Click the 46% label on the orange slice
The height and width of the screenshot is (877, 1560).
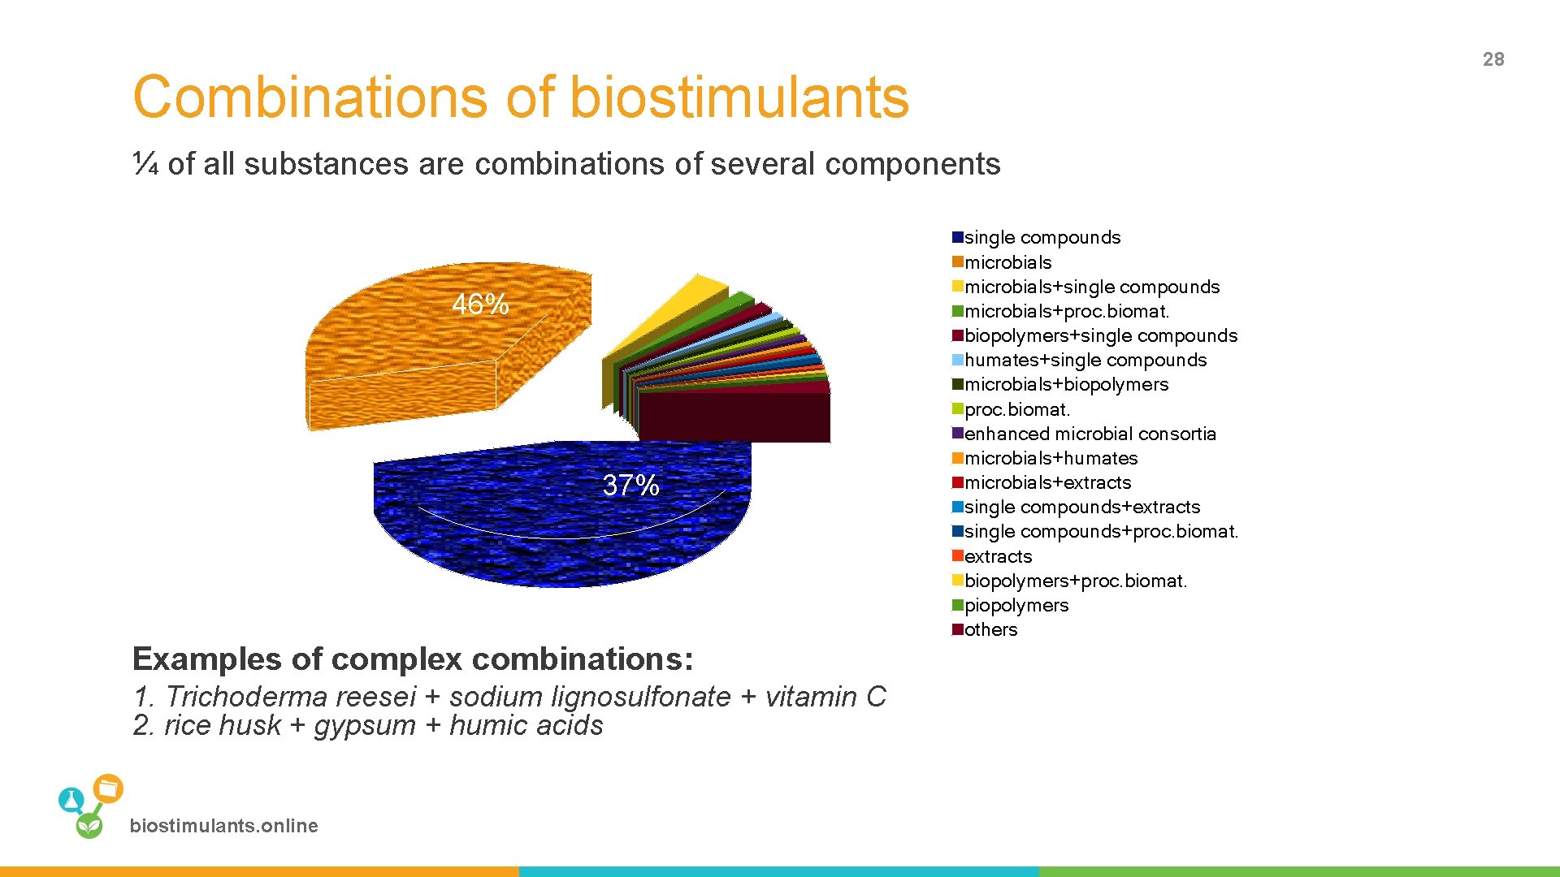point(479,305)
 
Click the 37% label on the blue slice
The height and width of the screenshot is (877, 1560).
point(630,486)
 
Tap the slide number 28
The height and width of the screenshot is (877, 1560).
point(1493,59)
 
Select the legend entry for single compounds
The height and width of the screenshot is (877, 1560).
point(1042,238)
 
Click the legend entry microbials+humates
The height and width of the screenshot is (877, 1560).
point(1050,458)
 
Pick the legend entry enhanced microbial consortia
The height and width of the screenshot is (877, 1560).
point(1089,434)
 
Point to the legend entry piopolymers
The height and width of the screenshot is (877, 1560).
point(1016,605)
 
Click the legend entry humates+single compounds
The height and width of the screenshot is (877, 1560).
point(1085,360)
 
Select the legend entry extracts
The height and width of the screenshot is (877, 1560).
point(997,556)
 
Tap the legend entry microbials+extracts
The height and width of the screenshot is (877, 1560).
point(1046,482)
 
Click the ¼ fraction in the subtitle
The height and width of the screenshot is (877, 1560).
point(145,164)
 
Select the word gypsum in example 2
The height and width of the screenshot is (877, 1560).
point(365,725)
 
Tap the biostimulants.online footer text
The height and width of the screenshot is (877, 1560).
point(223,826)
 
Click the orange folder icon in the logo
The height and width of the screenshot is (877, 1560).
point(108,788)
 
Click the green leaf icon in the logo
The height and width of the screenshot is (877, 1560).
point(89,826)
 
